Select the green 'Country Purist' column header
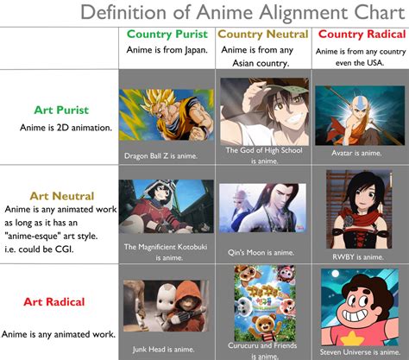167,35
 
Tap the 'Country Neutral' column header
261,35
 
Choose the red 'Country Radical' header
359,35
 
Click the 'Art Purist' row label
61,111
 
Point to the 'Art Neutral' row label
60,196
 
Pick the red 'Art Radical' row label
61,301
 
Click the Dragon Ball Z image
167,117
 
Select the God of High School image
261,111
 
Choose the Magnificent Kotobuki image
167,208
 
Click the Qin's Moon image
261,207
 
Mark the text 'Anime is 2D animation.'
61,128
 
